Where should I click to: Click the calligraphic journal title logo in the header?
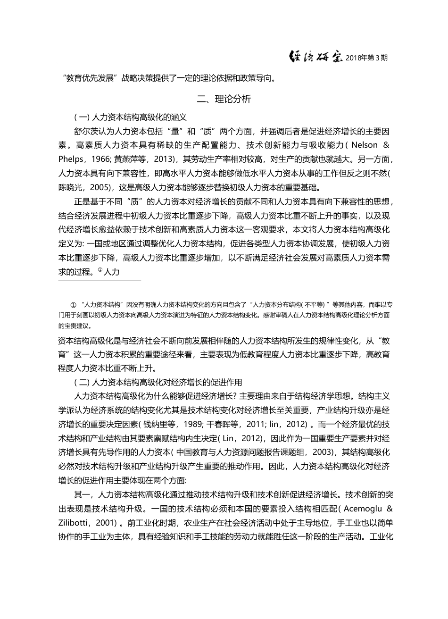coord(315,56)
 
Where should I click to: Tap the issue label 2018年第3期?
coord(366,58)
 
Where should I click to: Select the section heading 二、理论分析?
coord(224,99)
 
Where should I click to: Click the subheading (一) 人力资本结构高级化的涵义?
coord(131,117)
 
